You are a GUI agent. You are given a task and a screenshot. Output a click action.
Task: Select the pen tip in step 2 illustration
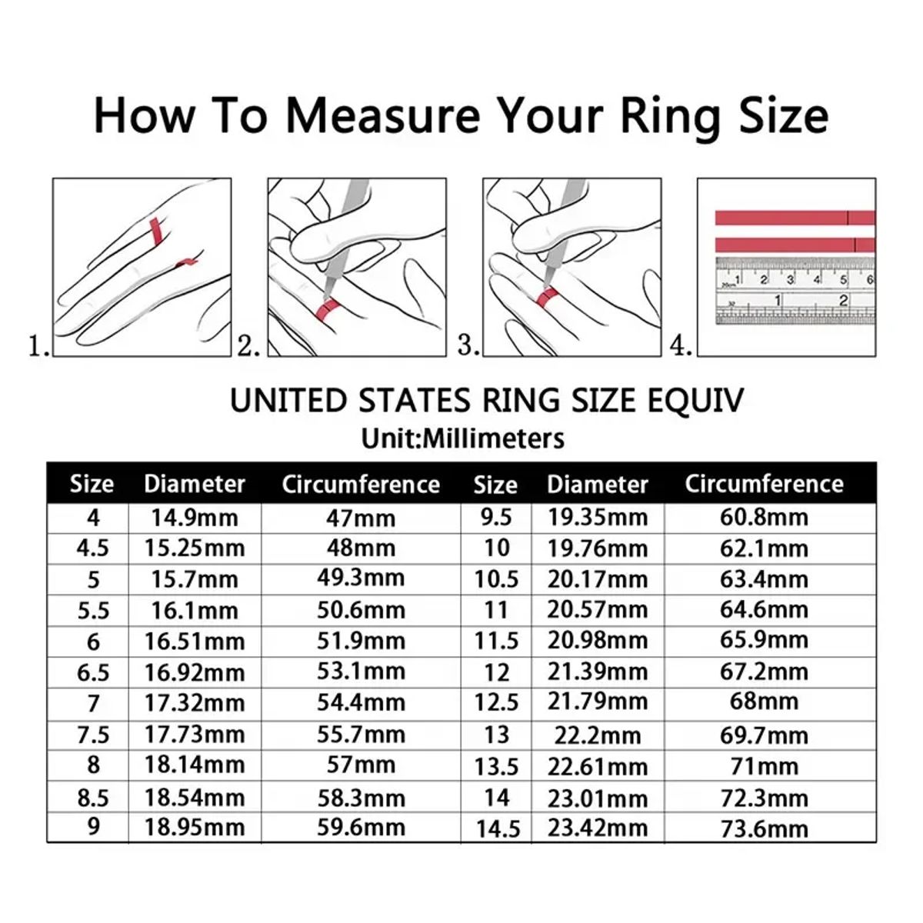325,297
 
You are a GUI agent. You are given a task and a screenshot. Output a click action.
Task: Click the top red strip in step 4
792,218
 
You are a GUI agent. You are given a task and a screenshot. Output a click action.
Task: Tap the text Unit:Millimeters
462,438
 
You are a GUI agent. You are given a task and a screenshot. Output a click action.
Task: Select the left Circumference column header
361,484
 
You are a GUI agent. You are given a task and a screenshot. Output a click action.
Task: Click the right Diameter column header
598,484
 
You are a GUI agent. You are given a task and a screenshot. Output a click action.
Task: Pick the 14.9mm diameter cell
195,517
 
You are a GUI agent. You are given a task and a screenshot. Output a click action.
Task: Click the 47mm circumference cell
361,517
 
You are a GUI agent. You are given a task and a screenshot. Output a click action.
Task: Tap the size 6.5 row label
93,672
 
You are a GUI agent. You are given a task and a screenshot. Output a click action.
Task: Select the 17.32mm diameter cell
195,702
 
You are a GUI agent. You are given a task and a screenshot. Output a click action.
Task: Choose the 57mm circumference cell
361,765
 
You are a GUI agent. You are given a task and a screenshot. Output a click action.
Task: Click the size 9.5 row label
496,517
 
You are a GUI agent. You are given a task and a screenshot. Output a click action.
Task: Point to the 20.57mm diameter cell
598,610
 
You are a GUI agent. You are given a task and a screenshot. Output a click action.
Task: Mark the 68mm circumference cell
764,701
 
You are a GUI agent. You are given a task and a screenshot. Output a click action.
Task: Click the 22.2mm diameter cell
598,735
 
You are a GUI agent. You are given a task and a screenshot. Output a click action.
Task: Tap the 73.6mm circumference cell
764,828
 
